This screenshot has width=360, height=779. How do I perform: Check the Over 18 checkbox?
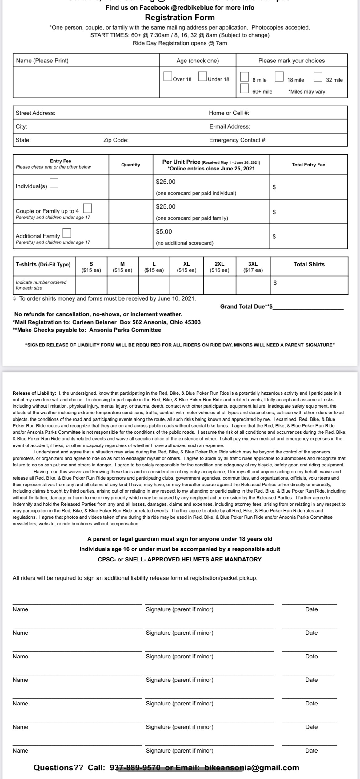[168, 76]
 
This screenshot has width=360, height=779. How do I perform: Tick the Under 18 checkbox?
[203, 76]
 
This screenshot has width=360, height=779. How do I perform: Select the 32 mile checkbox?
[318, 76]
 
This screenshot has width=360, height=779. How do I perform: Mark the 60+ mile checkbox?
[244, 88]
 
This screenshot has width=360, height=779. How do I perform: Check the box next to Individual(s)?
[54, 183]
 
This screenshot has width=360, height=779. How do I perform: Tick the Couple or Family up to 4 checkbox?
[88, 208]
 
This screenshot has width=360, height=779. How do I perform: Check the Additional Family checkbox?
[67, 233]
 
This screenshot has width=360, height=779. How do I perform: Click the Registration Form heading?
[180, 18]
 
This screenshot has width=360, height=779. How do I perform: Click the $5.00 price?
[164, 231]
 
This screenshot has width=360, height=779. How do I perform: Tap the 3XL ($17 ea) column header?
[253, 267]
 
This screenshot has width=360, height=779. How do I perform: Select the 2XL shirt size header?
[219, 267]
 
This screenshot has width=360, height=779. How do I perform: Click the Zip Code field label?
[116, 140]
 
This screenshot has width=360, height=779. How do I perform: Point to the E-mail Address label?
[230, 126]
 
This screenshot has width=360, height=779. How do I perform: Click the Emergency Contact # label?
[238, 140]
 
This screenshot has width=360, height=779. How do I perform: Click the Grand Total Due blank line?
[309, 307]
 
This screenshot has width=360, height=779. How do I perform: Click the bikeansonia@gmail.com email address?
[252, 768]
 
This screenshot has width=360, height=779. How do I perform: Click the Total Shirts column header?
[309, 264]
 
